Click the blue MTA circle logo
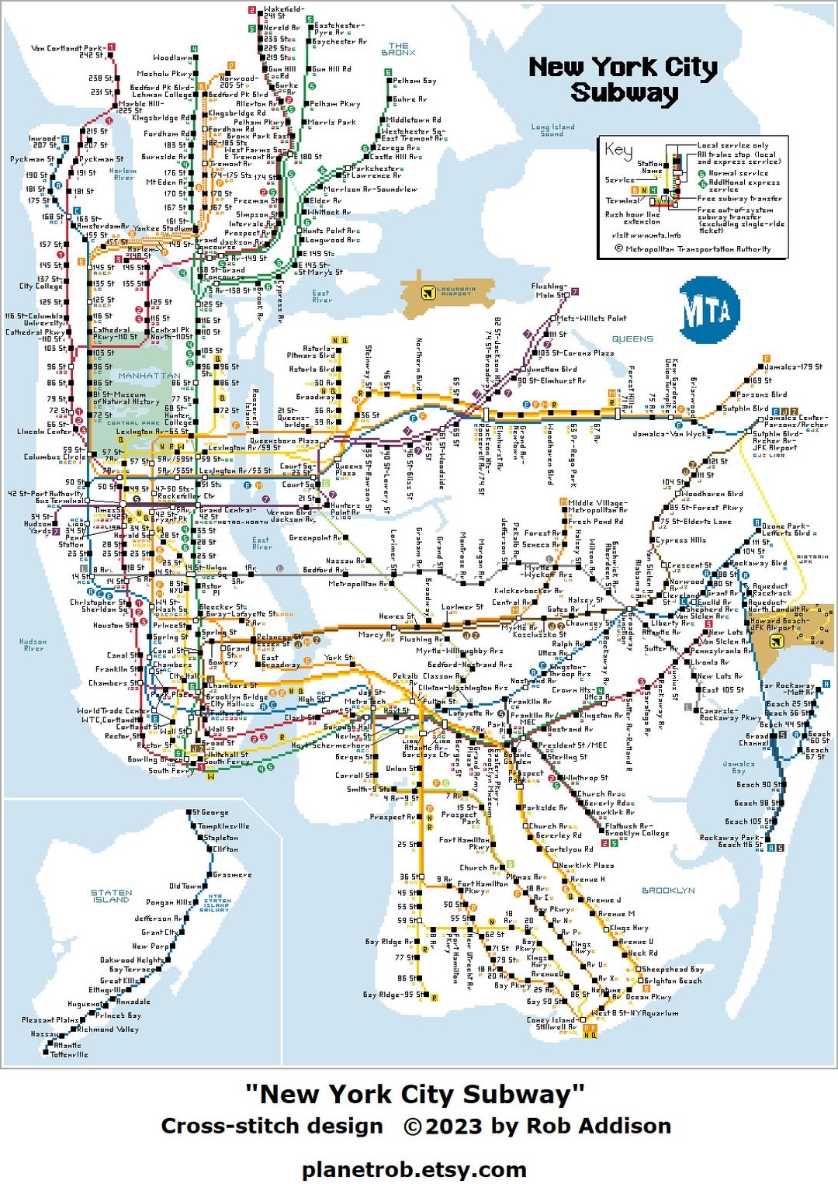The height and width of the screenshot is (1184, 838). [708, 311]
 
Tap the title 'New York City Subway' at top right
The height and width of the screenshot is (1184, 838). [623, 79]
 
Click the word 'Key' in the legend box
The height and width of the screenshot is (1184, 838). [618, 150]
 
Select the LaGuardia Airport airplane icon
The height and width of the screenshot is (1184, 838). [427, 293]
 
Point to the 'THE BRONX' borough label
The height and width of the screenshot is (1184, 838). [398, 49]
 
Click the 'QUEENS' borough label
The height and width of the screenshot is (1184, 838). [632, 339]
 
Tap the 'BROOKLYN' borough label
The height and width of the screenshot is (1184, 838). [668, 891]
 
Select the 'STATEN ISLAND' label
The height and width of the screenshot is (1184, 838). [112, 896]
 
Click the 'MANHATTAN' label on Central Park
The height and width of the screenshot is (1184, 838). [149, 376]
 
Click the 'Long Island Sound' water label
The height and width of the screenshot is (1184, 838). [552, 130]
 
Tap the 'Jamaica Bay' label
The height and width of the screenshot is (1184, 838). [738, 767]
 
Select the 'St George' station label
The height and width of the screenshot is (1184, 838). [211, 812]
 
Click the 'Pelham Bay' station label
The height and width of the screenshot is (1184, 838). [414, 81]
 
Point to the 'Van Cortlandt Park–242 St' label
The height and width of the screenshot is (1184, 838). [68, 51]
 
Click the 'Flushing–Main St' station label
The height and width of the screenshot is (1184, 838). [549, 290]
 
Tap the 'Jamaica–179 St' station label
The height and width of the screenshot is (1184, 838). [793, 366]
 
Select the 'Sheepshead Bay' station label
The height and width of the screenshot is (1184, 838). [674, 969]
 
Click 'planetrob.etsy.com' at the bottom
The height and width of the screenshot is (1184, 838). [414, 1168]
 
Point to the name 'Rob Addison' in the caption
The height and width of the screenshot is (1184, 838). [598, 1126]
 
